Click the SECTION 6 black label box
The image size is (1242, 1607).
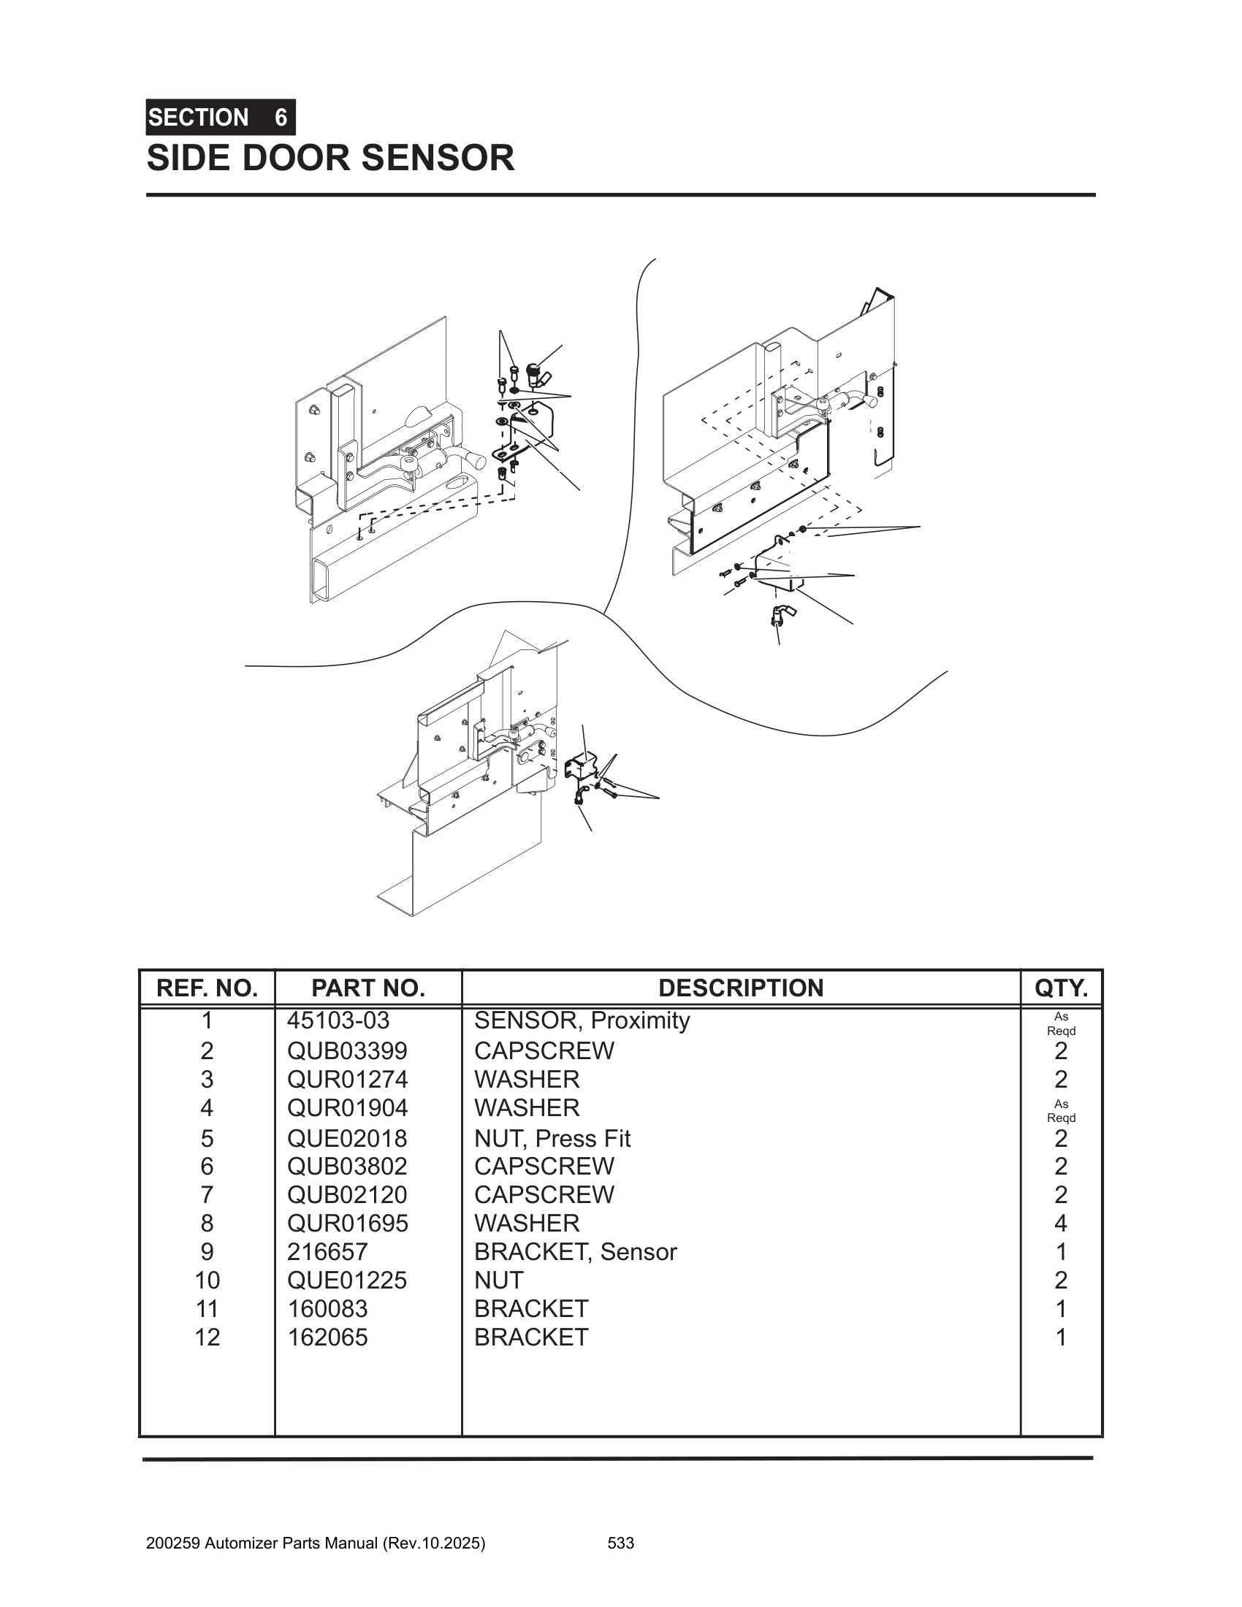click(220, 117)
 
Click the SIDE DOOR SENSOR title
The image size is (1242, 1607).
click(330, 159)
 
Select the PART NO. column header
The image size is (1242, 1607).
click(368, 988)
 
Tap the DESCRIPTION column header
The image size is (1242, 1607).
click(740, 988)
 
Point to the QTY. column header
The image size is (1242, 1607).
click(1060, 988)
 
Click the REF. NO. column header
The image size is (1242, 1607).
click(207, 988)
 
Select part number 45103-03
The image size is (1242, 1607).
click(338, 1020)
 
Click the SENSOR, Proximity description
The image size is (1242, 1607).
click(582, 1020)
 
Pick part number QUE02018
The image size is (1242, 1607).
click(346, 1138)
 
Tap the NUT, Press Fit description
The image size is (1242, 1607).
click(552, 1138)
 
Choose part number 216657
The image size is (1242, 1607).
click(327, 1251)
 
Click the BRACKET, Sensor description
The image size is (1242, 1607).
click(575, 1251)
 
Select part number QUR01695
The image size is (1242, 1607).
click(347, 1223)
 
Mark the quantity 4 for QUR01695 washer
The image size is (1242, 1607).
click(1060, 1223)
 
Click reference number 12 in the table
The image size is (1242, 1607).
click(207, 1337)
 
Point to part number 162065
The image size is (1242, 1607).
click(327, 1337)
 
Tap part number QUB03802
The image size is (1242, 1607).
click(347, 1167)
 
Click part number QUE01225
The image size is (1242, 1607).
click(346, 1280)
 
